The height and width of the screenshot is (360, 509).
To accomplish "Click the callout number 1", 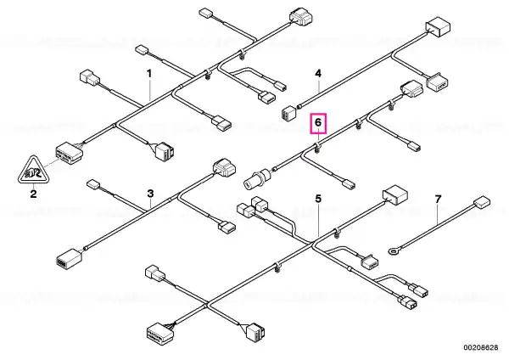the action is point(149,74).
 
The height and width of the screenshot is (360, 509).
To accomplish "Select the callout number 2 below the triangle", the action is point(33,194).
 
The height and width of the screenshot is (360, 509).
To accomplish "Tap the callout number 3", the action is point(150,194).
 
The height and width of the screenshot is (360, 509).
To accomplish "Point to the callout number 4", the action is point(318,73).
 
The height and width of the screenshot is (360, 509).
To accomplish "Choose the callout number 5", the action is point(318,199).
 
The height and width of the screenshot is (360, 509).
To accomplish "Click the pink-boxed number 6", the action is point(318,123).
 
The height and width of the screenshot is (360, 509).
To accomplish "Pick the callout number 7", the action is point(438,199).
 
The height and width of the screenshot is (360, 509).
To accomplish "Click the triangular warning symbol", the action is point(32,171).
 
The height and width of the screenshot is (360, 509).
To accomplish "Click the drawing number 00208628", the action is point(480,347).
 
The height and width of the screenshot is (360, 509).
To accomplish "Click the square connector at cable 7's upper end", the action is point(482,202).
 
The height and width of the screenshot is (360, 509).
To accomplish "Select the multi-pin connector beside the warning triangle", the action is point(69,154).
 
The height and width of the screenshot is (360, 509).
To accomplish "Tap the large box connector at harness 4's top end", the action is point(438,25).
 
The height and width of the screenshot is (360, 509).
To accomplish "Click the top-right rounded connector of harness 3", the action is point(224,167).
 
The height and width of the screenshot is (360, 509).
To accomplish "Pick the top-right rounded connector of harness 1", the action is point(301,17).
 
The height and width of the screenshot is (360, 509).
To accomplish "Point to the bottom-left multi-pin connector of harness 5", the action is point(160,332).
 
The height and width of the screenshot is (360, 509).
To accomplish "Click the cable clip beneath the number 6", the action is point(318,149).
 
